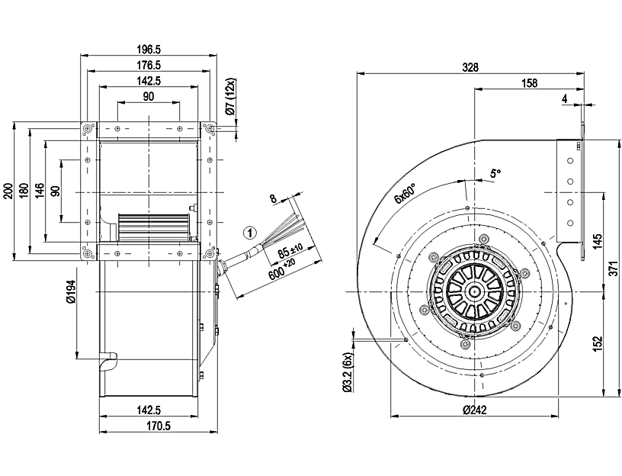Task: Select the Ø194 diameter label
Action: click(x=71, y=293)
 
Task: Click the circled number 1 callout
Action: click(x=249, y=230)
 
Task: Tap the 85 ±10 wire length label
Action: click(x=290, y=251)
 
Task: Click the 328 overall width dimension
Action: click(x=470, y=67)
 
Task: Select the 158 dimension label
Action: click(x=528, y=82)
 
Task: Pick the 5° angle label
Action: click(x=496, y=173)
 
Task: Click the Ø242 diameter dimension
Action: click(x=475, y=410)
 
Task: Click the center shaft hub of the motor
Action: click(x=476, y=291)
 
